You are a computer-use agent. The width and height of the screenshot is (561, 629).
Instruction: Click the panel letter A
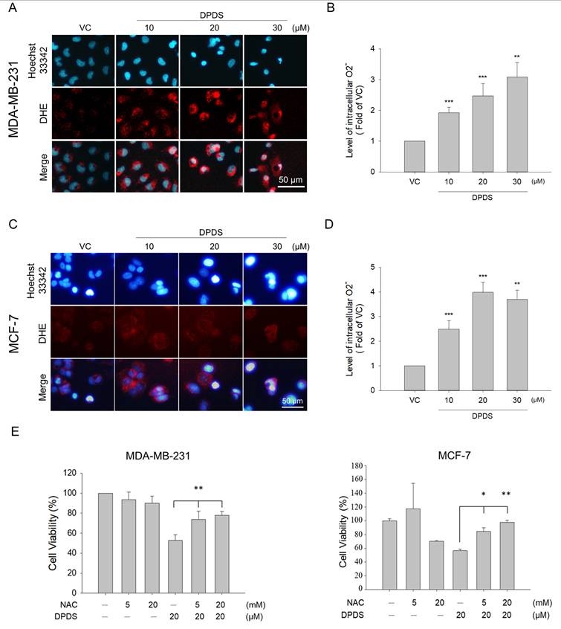click(13, 7)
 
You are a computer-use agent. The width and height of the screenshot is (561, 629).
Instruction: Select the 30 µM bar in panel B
click(517, 124)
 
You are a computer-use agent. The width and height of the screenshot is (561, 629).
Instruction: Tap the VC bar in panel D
click(415, 378)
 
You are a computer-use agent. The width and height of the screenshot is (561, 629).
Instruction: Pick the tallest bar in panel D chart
click(483, 341)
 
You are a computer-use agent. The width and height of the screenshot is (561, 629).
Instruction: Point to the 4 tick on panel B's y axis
click(372, 49)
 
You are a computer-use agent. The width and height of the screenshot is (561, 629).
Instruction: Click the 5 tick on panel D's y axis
click(372, 267)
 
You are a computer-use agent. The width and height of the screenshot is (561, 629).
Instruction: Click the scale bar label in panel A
click(291, 180)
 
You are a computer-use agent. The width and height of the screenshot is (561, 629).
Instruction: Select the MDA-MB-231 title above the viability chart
click(158, 456)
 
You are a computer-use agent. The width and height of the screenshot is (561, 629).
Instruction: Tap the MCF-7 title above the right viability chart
click(454, 455)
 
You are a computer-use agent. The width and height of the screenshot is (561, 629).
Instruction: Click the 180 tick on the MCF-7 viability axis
click(357, 465)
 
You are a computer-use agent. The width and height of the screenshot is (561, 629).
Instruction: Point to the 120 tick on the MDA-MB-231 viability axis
click(70, 474)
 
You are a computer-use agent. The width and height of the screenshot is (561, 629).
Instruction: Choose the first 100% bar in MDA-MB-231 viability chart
click(106, 543)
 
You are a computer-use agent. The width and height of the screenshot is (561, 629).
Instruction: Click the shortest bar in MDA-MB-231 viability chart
click(175, 567)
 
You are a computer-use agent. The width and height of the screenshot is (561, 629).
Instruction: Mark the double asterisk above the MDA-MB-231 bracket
click(198, 488)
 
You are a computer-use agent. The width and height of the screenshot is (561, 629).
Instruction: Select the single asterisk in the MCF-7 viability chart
click(484, 494)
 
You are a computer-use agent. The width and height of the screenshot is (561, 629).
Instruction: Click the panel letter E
click(14, 432)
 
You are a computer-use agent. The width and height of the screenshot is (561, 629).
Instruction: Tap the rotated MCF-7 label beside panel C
click(14, 334)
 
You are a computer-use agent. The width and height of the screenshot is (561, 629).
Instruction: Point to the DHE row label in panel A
click(43, 114)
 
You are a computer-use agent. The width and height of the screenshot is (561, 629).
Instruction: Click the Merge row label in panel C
click(42, 387)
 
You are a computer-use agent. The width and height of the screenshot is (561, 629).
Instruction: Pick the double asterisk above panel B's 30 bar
click(517, 57)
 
